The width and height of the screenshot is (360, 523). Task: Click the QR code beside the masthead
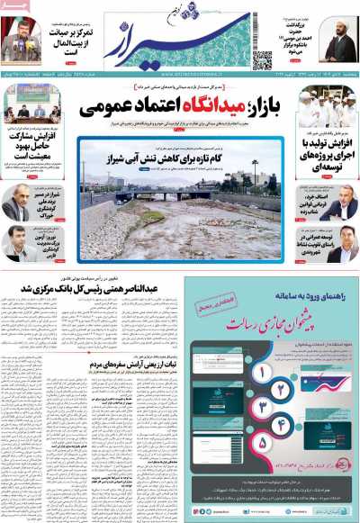coord(261,59)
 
